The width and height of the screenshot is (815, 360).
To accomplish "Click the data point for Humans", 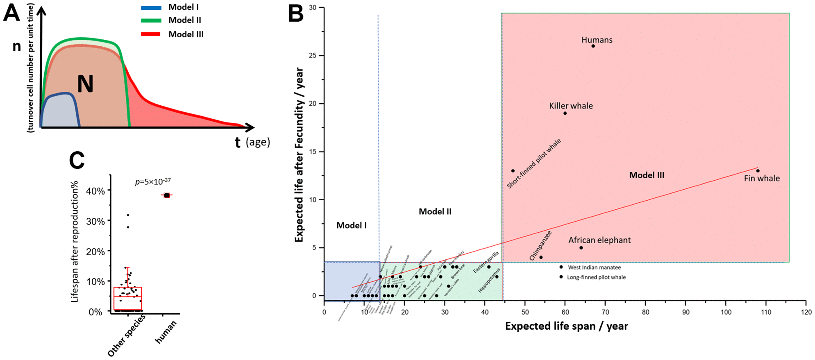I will click(593, 46).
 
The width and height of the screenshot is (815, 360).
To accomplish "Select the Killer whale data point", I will click(565, 113).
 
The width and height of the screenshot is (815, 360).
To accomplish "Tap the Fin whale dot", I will click(758, 171).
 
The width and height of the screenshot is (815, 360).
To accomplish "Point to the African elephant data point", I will click(581, 248).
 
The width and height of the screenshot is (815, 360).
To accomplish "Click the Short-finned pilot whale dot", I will click(513, 171).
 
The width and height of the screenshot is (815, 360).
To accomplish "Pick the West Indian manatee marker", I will click(561, 267).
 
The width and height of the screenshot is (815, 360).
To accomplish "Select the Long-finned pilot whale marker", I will click(561, 277).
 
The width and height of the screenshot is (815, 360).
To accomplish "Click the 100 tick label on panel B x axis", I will click(726, 312).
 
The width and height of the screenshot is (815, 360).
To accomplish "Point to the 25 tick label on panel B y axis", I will click(313, 56).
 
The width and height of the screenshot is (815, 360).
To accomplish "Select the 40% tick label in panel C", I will click(95, 191).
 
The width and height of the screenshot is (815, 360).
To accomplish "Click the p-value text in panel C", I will click(153, 182).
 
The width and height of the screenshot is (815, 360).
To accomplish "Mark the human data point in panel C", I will click(167, 195).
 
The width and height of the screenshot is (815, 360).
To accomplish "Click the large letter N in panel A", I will click(85, 84).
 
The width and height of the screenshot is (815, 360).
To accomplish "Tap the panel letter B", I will click(295, 14).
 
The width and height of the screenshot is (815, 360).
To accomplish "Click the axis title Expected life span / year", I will click(566, 326).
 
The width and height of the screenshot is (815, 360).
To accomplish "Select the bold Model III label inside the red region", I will click(647, 175).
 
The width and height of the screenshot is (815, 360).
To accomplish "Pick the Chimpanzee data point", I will click(541, 257).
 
